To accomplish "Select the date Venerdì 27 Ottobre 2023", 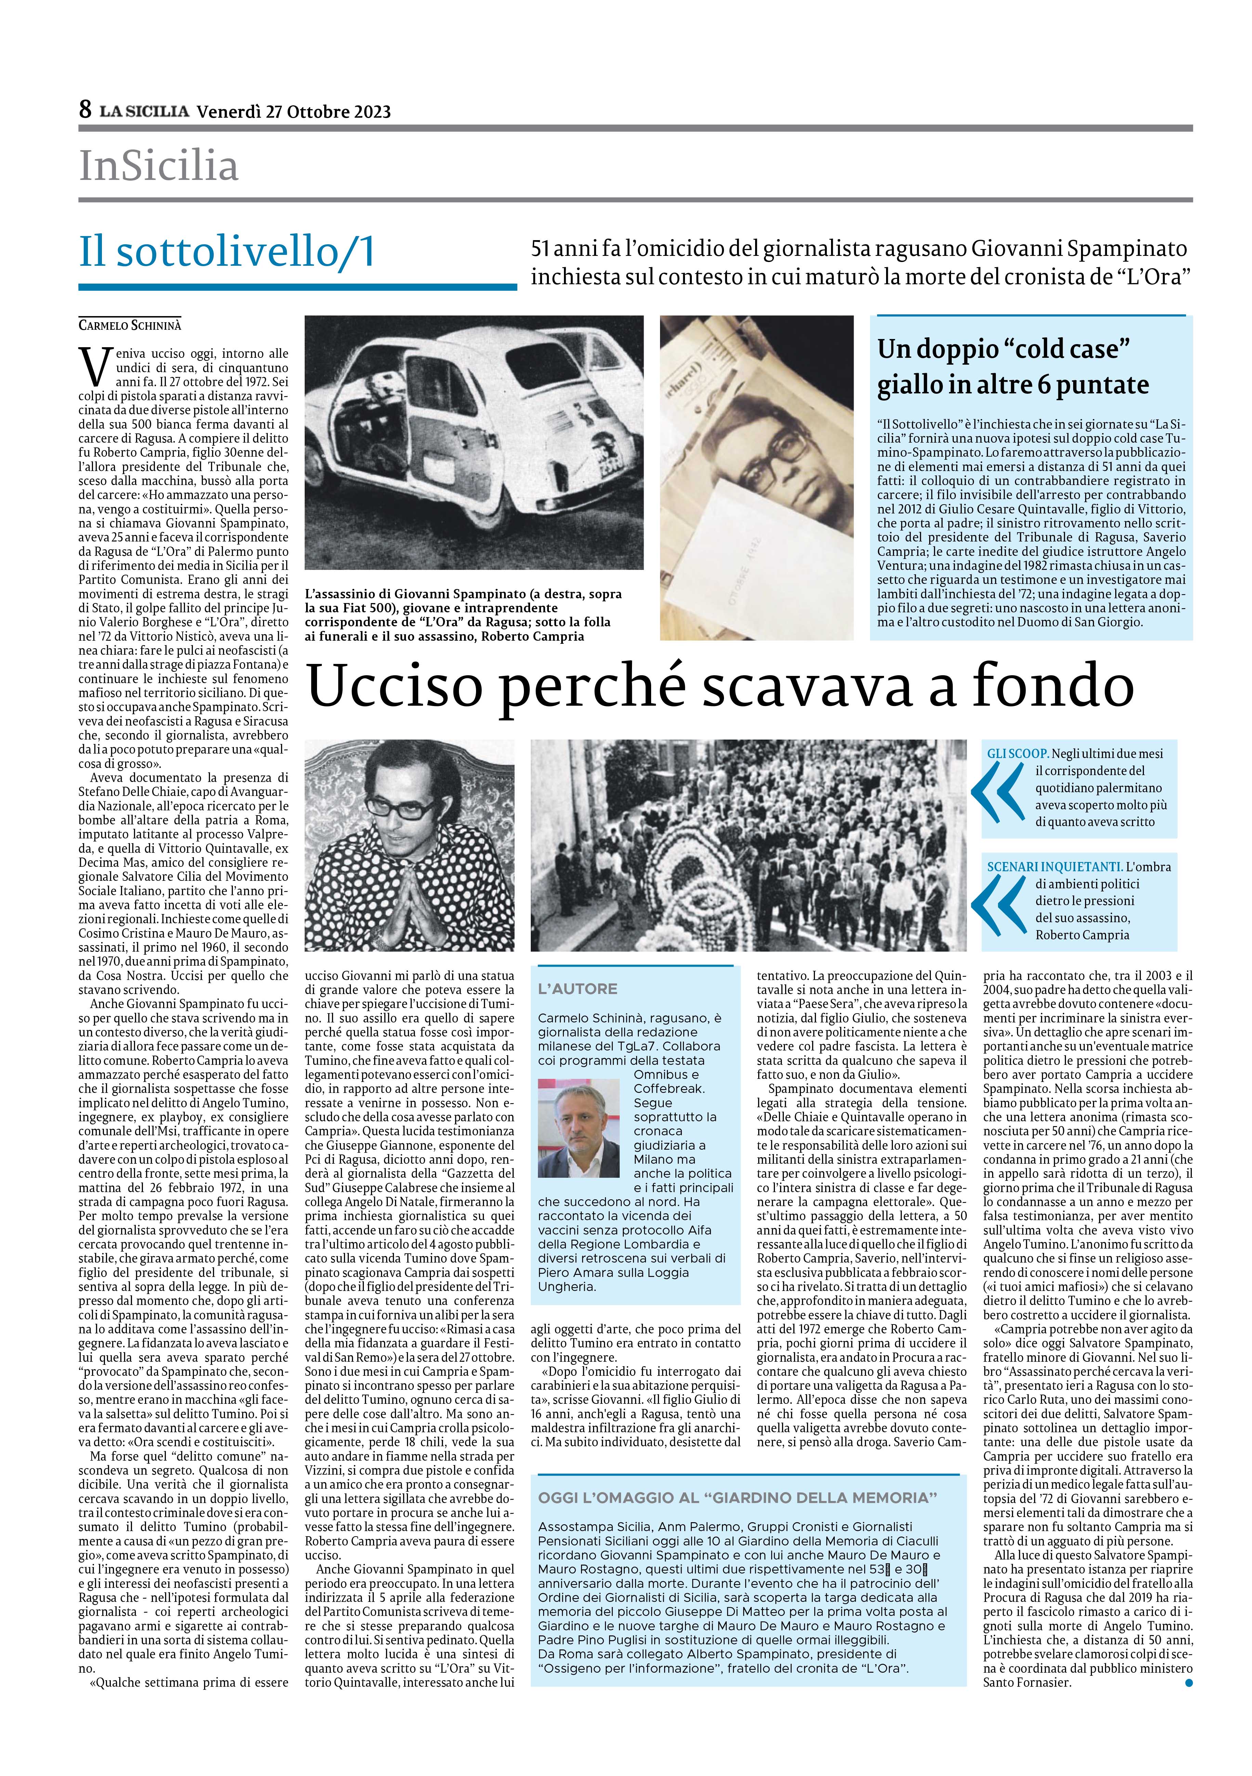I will click(294, 112).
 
